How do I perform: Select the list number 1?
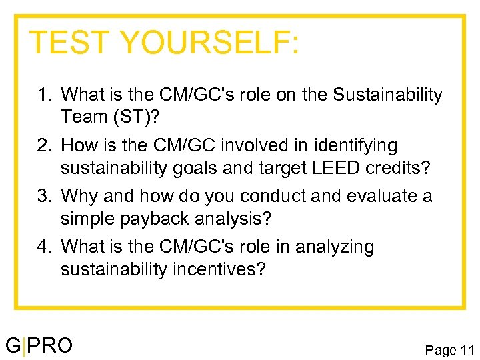[43, 95]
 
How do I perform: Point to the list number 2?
[43, 146]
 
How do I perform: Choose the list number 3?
[43, 197]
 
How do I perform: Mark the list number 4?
[43, 247]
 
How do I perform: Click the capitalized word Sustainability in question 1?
[387, 95]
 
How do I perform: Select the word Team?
[81, 117]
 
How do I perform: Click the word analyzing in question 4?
[332, 247]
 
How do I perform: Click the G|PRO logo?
[39, 345]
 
